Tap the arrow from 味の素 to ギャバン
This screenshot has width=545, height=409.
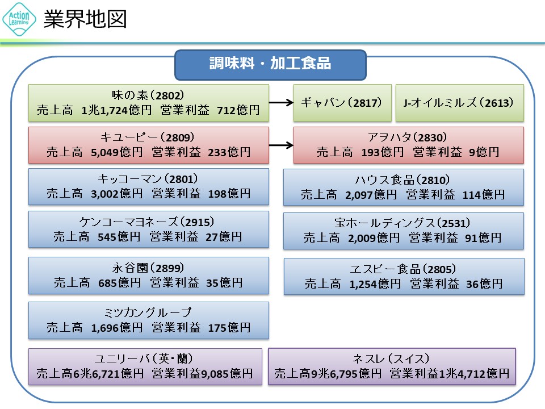click(280, 103)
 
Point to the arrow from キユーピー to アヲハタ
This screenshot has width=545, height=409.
click(280, 145)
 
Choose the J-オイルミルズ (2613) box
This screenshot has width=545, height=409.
click(459, 103)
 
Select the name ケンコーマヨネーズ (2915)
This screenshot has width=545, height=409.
click(149, 222)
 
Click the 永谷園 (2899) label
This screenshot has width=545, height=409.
click(149, 268)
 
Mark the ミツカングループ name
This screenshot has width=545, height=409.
click(149, 312)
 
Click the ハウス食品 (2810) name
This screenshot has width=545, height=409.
click(403, 180)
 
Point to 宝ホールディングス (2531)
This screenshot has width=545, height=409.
click(403, 223)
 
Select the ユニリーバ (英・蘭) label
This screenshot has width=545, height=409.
click(145, 358)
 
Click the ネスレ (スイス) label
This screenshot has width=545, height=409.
click(392, 358)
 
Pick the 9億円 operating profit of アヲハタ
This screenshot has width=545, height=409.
click(484, 152)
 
